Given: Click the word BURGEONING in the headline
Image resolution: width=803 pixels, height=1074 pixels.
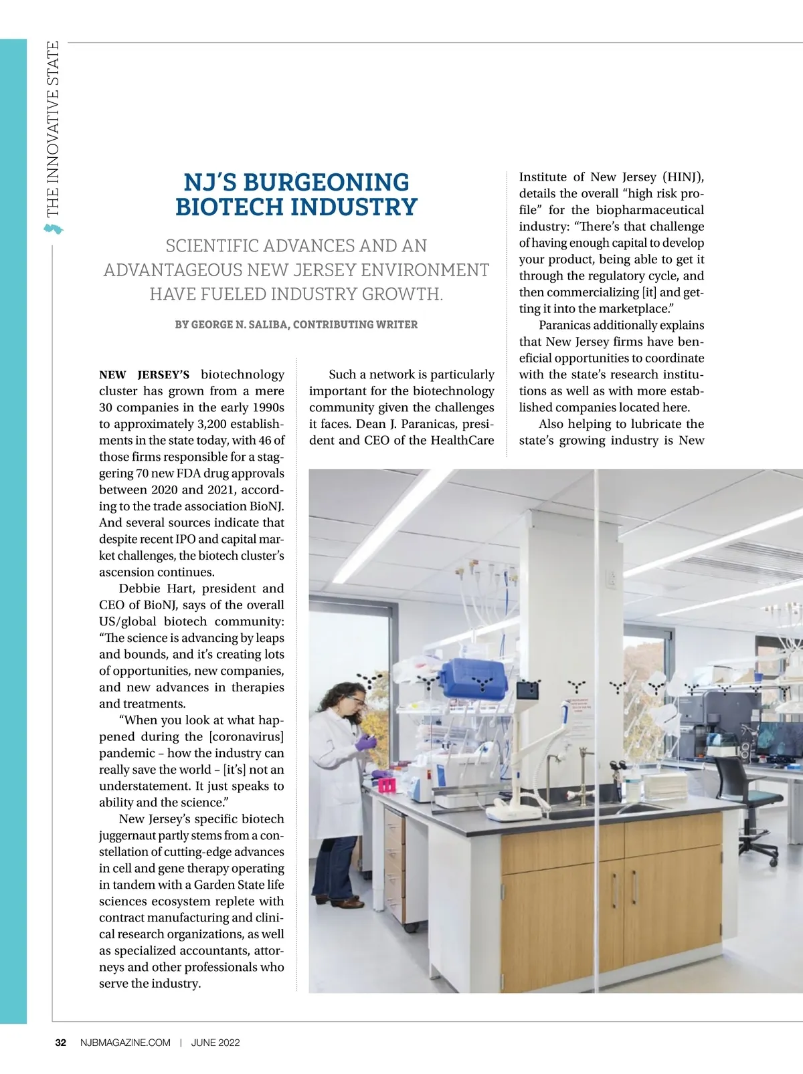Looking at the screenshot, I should point(326,183).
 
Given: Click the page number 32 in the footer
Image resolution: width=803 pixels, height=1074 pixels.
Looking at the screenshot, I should point(60,1043).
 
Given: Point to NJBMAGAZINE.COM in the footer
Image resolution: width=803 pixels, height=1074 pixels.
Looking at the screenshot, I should point(125,1043).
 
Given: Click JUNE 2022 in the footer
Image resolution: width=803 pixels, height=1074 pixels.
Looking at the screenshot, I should point(215,1043).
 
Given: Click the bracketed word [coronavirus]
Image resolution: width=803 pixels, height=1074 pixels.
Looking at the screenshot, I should point(246,737).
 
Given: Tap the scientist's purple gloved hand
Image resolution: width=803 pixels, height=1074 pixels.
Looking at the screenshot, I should point(366,742).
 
